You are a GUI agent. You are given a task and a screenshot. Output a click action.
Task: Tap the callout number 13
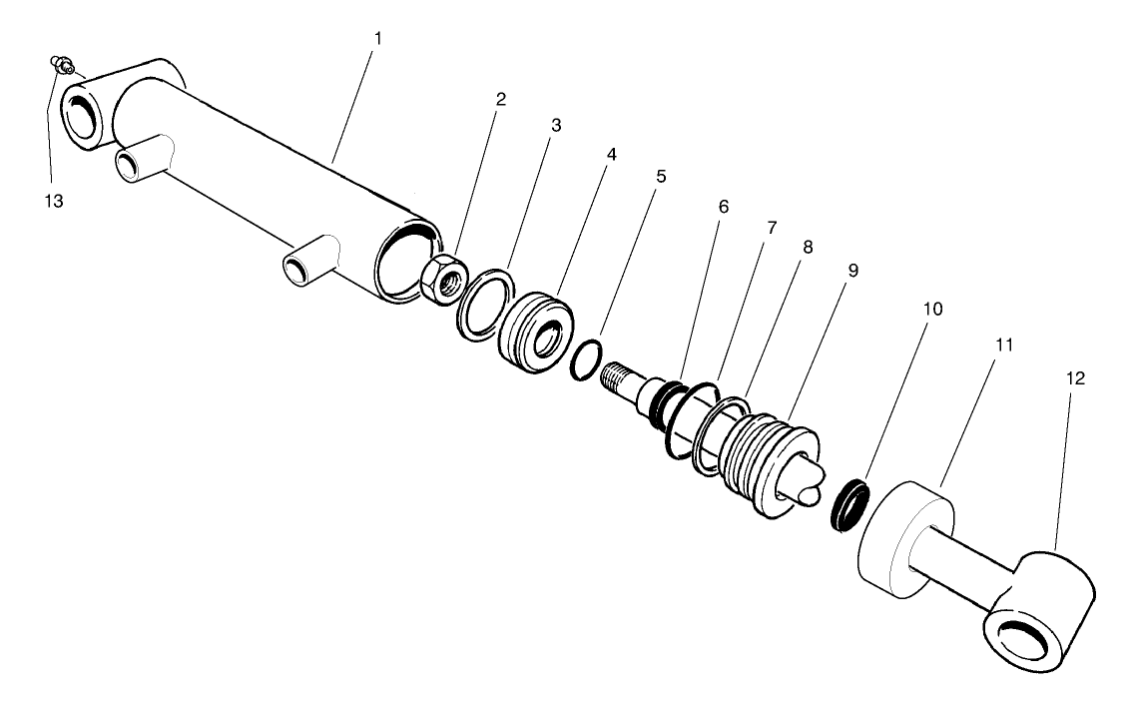53,201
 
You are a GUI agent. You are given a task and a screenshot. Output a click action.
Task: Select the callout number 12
1075,378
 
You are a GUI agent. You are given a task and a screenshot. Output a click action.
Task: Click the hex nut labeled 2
439,277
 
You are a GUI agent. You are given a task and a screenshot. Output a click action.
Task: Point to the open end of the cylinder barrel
406,263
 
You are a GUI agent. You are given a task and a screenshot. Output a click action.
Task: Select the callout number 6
724,207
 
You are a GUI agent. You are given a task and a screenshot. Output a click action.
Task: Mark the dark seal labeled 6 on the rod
663,402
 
